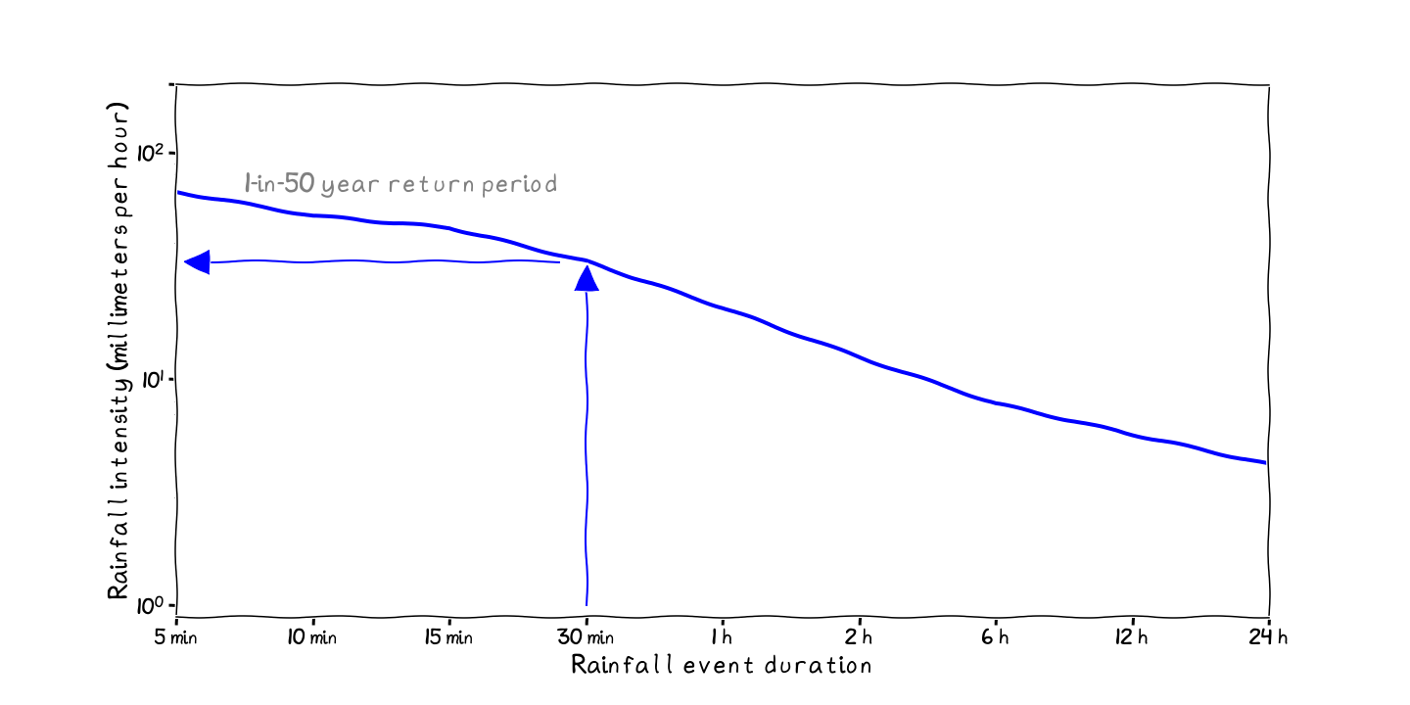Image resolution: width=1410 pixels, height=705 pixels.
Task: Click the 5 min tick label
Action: tap(176, 638)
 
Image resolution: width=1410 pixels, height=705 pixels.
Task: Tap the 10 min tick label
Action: tap(312, 638)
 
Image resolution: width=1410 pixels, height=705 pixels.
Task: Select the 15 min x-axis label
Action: tap(448, 638)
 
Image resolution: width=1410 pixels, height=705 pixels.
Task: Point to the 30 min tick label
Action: tap(586, 638)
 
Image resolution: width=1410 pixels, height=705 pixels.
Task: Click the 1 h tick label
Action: tap(722, 638)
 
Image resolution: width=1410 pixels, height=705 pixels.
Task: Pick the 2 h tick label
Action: tap(859, 638)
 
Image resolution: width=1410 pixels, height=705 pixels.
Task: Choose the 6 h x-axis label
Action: tap(995, 638)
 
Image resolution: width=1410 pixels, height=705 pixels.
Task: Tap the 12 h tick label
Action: tap(1132, 638)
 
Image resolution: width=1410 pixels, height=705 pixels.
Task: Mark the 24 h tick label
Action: tap(1269, 638)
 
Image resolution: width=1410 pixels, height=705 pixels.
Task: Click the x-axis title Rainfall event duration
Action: tap(722, 666)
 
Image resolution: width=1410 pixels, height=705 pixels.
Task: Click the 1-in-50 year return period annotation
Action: tap(400, 183)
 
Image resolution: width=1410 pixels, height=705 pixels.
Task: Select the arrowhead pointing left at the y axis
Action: tap(197, 261)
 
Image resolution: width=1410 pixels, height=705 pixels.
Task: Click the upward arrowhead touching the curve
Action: tap(587, 279)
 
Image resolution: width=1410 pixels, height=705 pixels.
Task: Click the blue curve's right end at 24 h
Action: tap(1264, 462)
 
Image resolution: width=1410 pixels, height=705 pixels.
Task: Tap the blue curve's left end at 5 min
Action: tap(179, 193)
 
